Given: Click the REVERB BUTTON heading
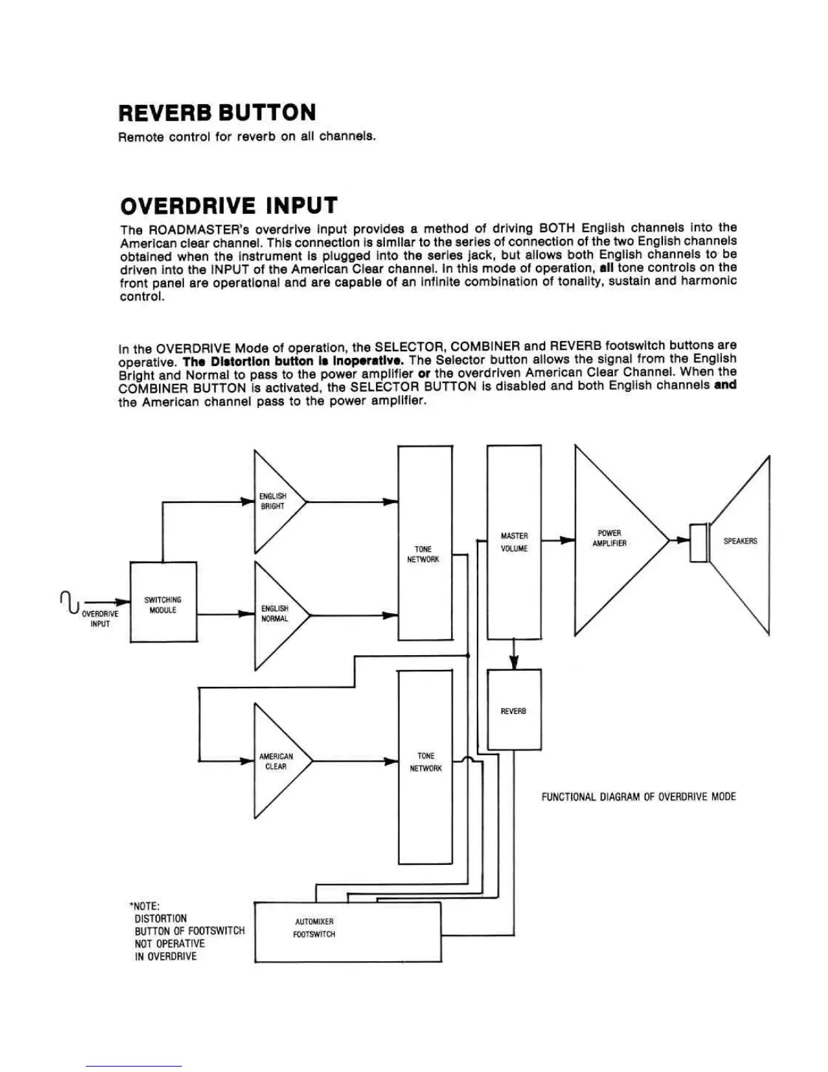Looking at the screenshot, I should tap(216, 112).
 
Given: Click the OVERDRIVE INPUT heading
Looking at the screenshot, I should tap(229, 205).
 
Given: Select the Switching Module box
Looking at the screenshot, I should tap(163, 602).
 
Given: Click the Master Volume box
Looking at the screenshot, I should tap(514, 542).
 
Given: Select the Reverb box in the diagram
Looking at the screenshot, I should tap(514, 711).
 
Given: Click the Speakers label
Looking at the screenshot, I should tap(740, 541).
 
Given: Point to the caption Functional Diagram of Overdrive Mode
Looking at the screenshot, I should tap(638, 797).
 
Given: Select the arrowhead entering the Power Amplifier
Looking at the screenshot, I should tap(567, 540).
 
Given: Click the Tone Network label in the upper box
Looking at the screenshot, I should tap(423, 554).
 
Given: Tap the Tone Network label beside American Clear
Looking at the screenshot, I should tap(425, 762).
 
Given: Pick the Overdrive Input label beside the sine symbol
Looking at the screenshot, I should tap(100, 619).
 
